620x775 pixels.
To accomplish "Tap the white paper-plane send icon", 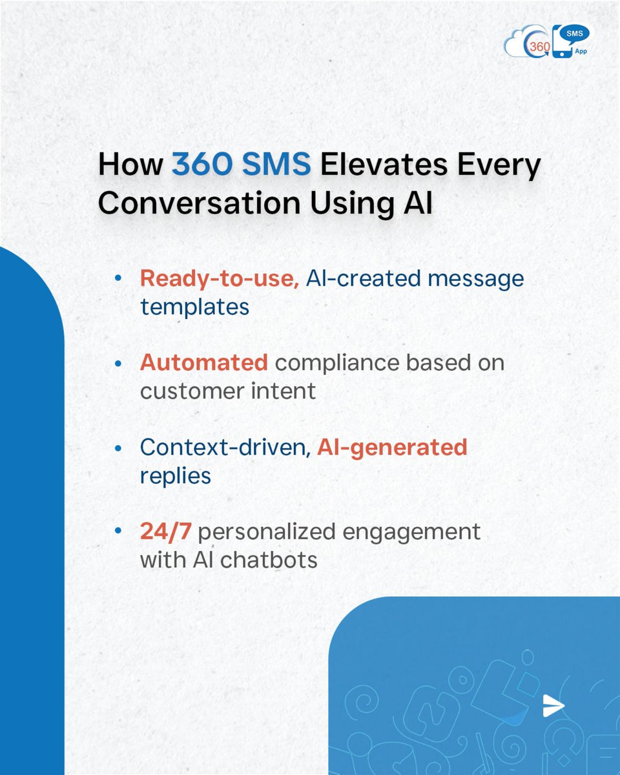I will [553, 706].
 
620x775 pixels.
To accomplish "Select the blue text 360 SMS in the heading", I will [242, 166].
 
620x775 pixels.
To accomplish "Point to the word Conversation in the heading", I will [198, 203].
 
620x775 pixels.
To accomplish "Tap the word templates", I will [194, 306].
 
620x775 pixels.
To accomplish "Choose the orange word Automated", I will [204, 363].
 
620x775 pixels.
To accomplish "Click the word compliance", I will [336, 363].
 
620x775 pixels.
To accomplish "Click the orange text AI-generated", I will [392, 448].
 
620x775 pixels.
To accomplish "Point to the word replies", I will [175, 475].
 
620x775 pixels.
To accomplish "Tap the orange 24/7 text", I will [163, 532].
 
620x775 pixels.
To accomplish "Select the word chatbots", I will [269, 559].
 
